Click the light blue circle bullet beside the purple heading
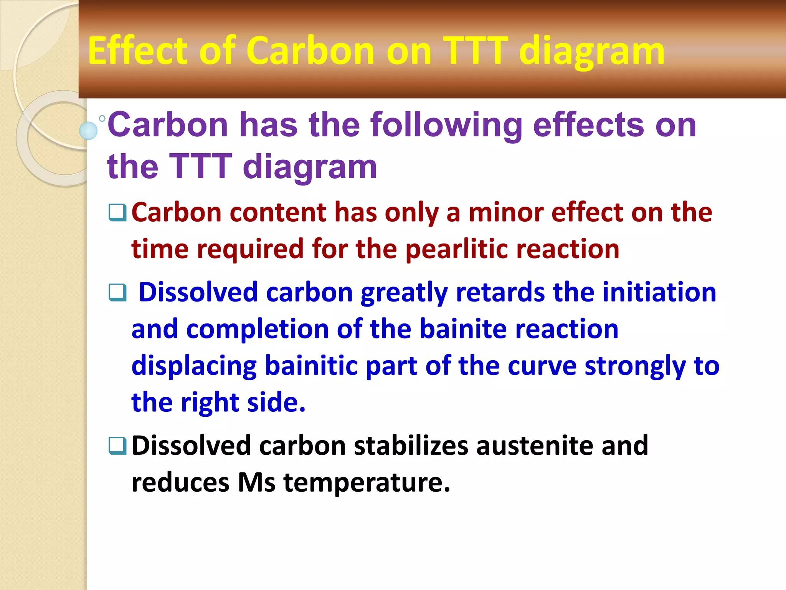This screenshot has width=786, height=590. (88, 130)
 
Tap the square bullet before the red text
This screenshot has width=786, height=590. (117, 212)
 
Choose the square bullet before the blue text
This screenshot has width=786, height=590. (117, 293)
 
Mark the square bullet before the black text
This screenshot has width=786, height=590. (117, 446)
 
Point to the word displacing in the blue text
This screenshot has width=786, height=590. (194, 366)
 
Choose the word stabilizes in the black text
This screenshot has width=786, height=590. (411, 446)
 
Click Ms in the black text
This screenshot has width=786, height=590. (256, 482)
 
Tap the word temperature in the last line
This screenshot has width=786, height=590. (367, 482)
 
